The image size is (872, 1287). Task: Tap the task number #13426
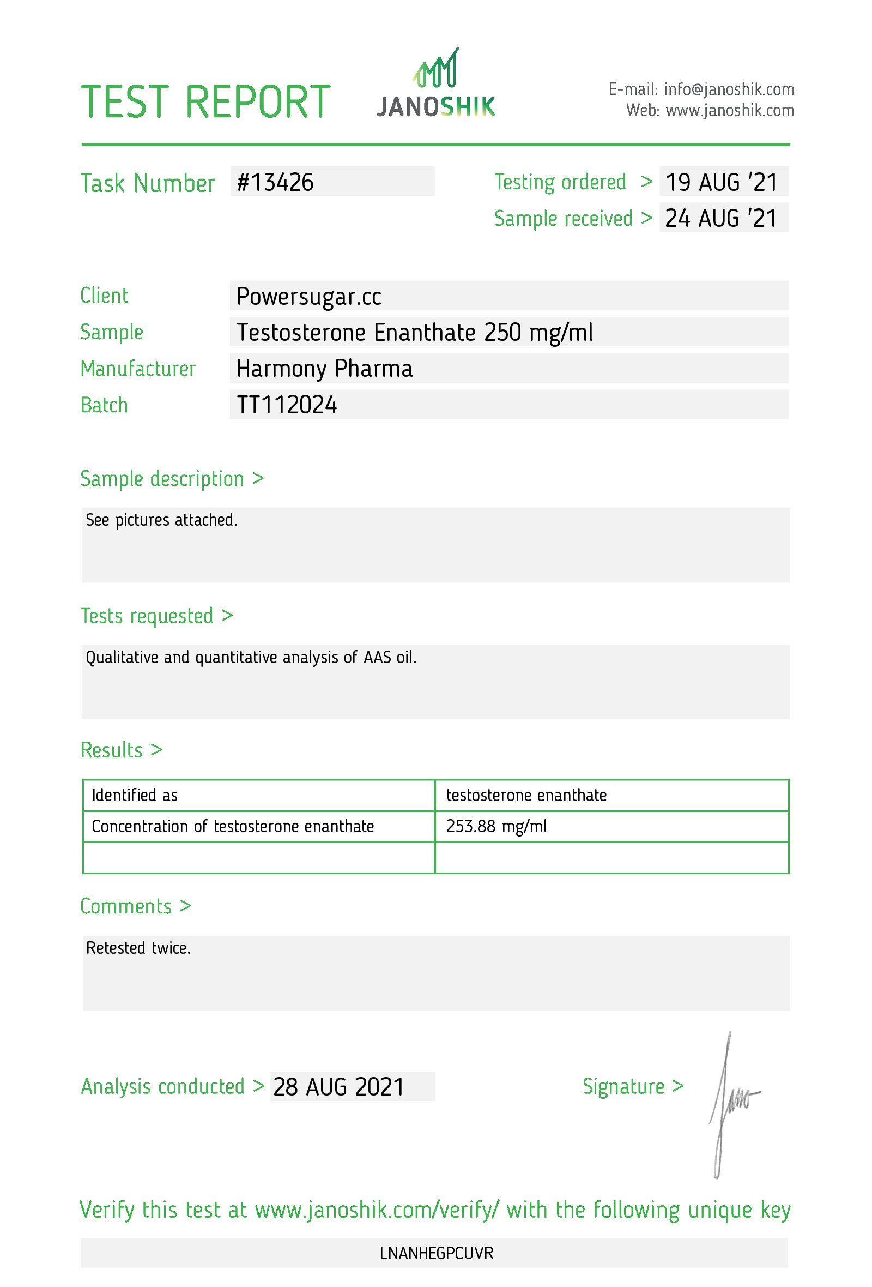point(275,182)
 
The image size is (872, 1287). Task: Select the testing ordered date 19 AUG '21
point(721,182)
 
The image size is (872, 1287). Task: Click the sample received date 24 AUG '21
point(721,218)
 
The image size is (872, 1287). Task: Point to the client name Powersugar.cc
point(308,296)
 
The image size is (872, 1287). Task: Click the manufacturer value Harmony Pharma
point(324,369)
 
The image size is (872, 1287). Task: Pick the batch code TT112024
point(287,405)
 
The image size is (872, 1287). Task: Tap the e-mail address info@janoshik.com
point(729,89)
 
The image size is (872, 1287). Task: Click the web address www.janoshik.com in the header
point(729,111)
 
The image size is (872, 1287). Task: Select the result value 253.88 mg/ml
point(496,826)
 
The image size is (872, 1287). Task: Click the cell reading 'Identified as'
point(135,796)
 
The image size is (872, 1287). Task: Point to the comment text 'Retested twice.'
point(138,948)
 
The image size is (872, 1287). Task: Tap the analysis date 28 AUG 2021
point(338,1087)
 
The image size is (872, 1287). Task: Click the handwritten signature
point(729,1102)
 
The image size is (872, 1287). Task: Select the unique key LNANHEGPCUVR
point(436,1253)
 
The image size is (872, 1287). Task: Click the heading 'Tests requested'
point(147,616)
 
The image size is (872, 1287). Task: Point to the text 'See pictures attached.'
point(161,520)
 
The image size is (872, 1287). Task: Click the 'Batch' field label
point(104,405)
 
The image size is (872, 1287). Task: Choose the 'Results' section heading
point(112,750)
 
